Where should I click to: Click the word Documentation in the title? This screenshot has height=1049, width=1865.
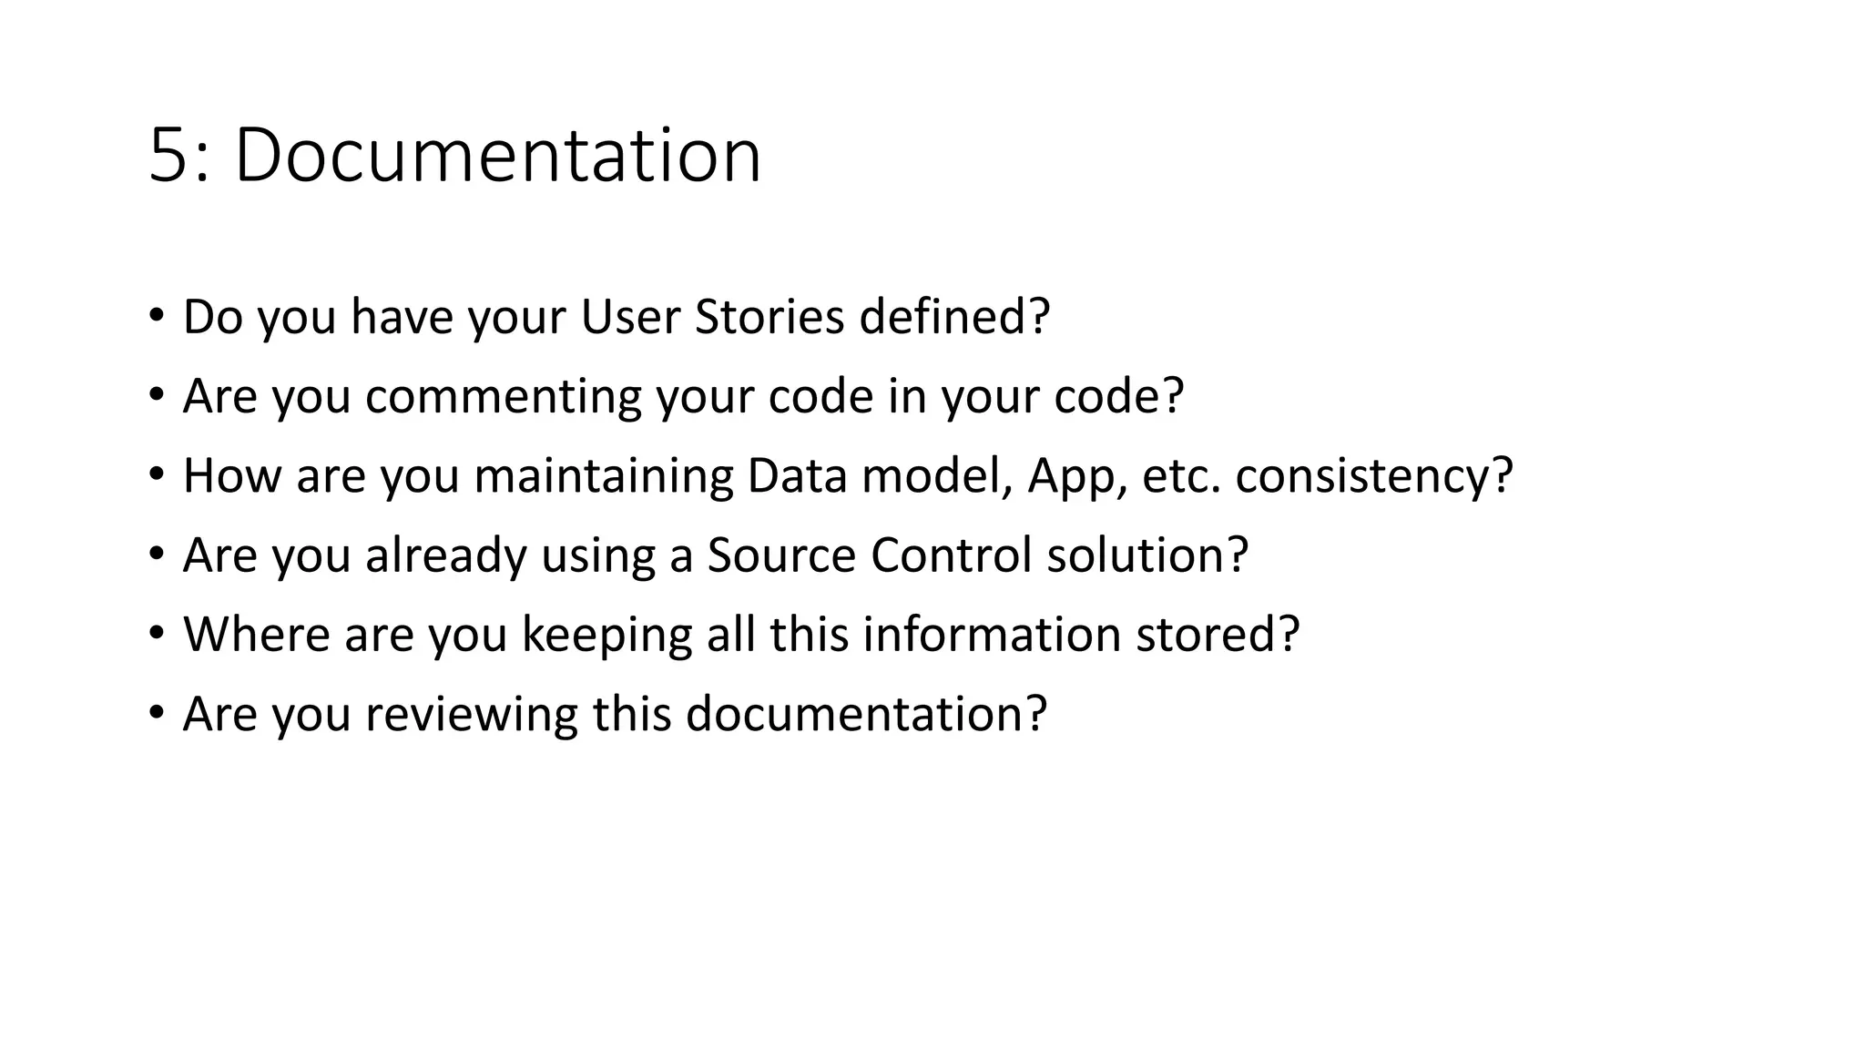[x=497, y=157]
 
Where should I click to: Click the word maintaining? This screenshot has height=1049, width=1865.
[x=603, y=475]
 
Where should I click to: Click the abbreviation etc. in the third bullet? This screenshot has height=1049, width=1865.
[x=1180, y=475]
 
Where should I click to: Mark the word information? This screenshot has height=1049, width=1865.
[x=991, y=635]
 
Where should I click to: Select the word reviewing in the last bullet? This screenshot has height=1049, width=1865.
[x=472, y=714]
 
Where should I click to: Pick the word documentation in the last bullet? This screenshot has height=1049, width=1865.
[x=855, y=714]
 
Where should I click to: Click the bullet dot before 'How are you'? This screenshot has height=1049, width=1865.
[x=157, y=474]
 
